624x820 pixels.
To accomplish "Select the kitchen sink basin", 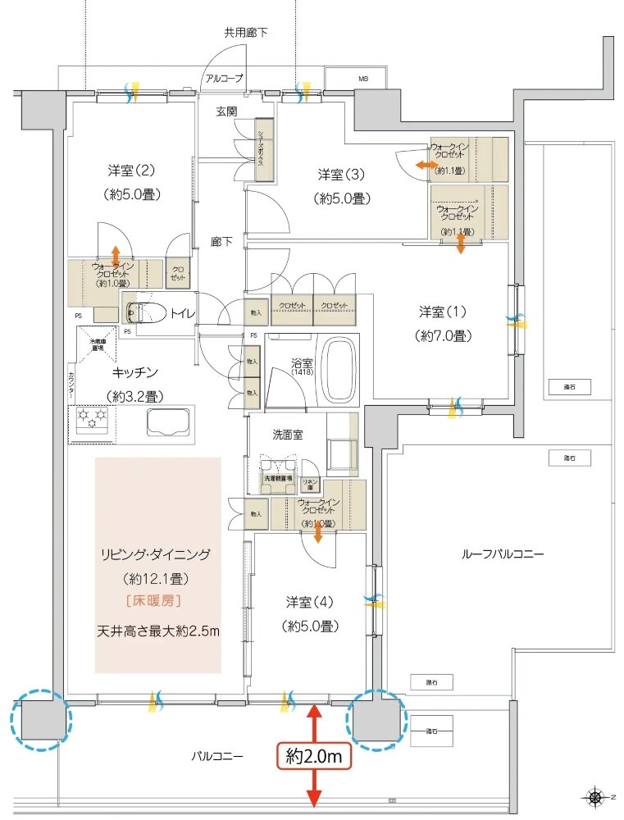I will pos(169,423).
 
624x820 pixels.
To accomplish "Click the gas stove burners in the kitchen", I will pos(92,422).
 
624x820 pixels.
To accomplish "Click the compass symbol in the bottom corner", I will pos(593,796).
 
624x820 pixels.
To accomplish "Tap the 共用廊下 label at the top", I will pos(246,33).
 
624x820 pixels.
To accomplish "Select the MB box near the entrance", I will pos(362,80).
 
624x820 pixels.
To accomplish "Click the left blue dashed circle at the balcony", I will pos(39,720).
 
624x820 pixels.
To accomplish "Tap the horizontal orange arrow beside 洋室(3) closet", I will pos(426,166).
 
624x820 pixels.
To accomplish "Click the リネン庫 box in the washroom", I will pos(311,484).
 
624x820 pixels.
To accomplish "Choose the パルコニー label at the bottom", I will pos(216,757).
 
